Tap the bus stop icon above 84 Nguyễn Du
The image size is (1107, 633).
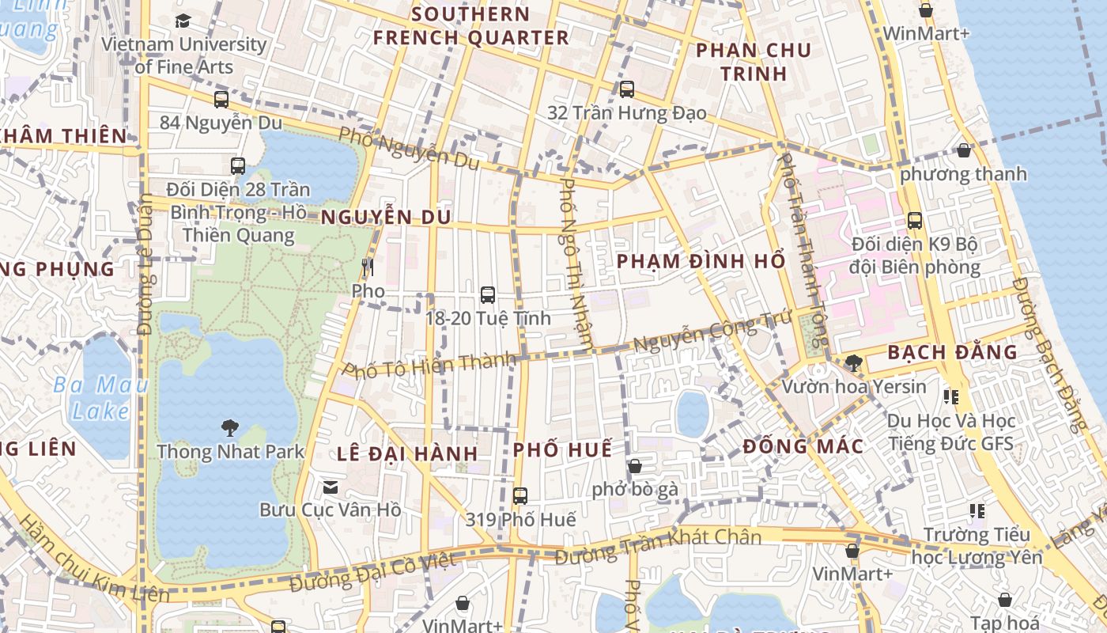click(x=221, y=100)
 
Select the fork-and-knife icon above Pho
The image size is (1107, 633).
click(x=367, y=267)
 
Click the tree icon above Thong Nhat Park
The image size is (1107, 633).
click(x=230, y=429)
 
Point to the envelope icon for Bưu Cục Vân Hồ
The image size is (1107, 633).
click(x=331, y=487)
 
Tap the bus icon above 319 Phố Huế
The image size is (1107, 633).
click(x=519, y=496)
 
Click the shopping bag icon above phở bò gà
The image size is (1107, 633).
click(x=634, y=466)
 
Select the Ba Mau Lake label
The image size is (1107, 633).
click(x=101, y=398)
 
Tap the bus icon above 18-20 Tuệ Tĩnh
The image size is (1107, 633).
click(x=488, y=295)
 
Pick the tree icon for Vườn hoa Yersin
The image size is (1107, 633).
click(x=853, y=363)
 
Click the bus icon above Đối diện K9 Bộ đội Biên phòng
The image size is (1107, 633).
click(x=915, y=221)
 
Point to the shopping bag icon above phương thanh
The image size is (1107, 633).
click(x=964, y=150)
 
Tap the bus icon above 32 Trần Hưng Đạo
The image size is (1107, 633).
click(x=627, y=89)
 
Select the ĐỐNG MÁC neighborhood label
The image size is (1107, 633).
click(x=803, y=446)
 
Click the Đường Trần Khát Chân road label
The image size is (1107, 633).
click(x=658, y=547)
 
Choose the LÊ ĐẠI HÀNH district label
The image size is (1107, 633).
click(x=407, y=453)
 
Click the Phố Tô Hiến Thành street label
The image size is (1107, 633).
click(x=429, y=366)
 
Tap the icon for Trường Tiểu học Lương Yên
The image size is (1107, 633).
click(x=977, y=511)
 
